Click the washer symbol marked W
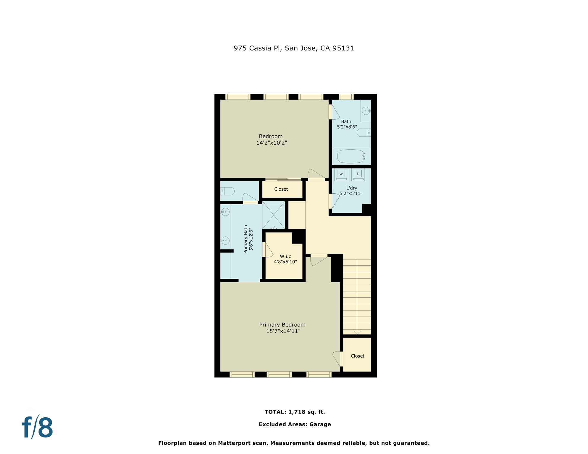click(x=341, y=174)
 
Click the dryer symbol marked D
click(x=358, y=174)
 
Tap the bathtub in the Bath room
click(x=351, y=156)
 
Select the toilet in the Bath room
click(x=364, y=133)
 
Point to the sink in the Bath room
click(x=366, y=111)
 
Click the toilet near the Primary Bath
click(x=228, y=191)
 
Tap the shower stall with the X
click(x=274, y=215)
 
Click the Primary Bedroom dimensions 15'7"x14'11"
click(x=283, y=331)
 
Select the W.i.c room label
click(x=285, y=256)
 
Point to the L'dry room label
click(x=352, y=188)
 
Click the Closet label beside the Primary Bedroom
click(x=357, y=356)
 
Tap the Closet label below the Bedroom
click(x=281, y=189)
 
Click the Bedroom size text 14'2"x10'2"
click(x=272, y=143)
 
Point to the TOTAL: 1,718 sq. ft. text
click(x=295, y=412)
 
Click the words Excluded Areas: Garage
click(x=295, y=424)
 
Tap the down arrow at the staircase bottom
click(x=357, y=332)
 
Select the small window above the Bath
click(x=346, y=97)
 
